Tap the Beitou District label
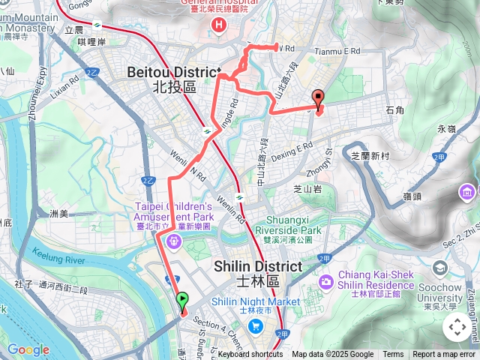tap(174, 72)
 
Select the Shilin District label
tap(257, 267)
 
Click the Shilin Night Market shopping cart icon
tap(256, 325)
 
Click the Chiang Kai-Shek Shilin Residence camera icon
tap(326, 282)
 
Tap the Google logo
tap(28, 350)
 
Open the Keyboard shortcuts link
tap(250, 355)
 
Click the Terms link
tap(393, 355)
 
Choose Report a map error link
tap(444, 355)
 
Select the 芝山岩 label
tap(307, 189)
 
